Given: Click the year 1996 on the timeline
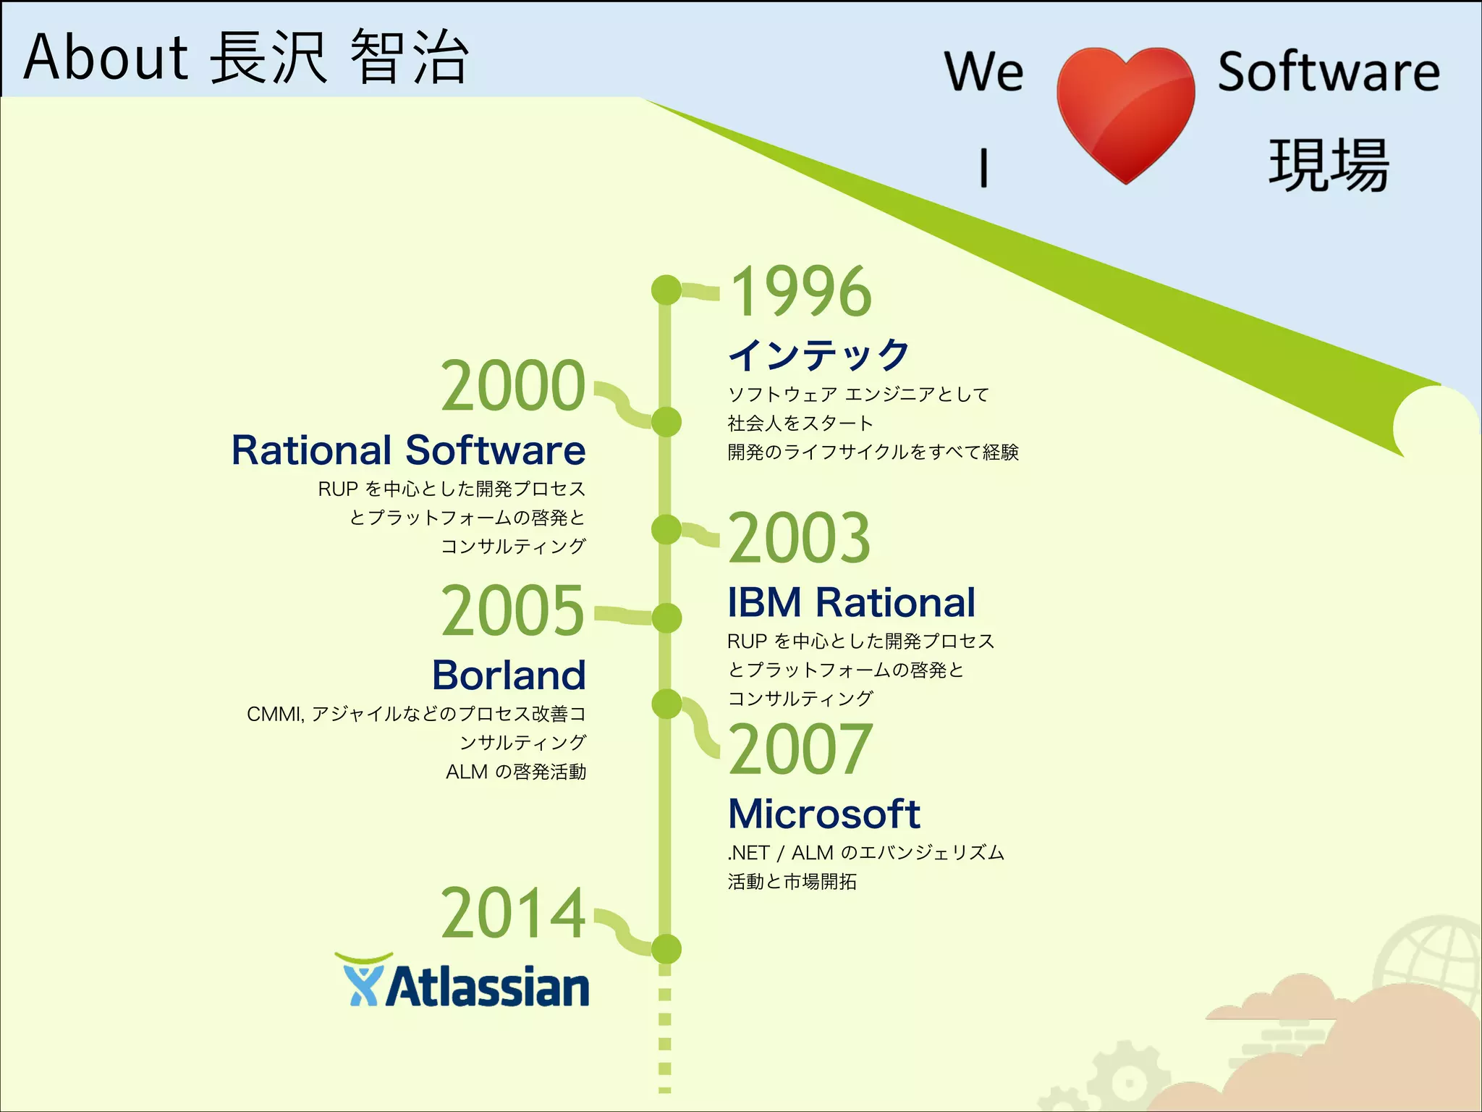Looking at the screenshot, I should click(x=800, y=291).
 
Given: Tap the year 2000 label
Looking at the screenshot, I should click(x=513, y=386).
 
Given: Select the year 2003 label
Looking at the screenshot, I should click(x=799, y=538).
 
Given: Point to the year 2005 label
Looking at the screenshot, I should click(x=512, y=611).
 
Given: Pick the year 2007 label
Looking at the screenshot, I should click(x=800, y=749).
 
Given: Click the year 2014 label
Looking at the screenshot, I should click(x=513, y=914).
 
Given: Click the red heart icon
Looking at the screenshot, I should click(x=1125, y=112).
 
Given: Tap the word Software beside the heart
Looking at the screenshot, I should click(x=1329, y=72).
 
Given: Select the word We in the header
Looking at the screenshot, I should click(x=984, y=72).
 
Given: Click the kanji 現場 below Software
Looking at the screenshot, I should click(x=1329, y=166).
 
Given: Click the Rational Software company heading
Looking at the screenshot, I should click(x=408, y=450).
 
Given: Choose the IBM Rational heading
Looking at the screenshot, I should click(x=851, y=602).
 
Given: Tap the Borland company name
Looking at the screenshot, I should click(x=509, y=675).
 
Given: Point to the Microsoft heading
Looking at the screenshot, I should click(x=823, y=814).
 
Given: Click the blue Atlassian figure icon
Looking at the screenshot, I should click(x=360, y=981).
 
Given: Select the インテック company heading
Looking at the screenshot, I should click(x=818, y=355).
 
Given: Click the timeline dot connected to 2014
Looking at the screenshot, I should click(x=666, y=949).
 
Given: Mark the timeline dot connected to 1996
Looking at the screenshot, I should click(x=666, y=290).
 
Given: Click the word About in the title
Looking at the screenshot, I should click(x=106, y=57).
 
